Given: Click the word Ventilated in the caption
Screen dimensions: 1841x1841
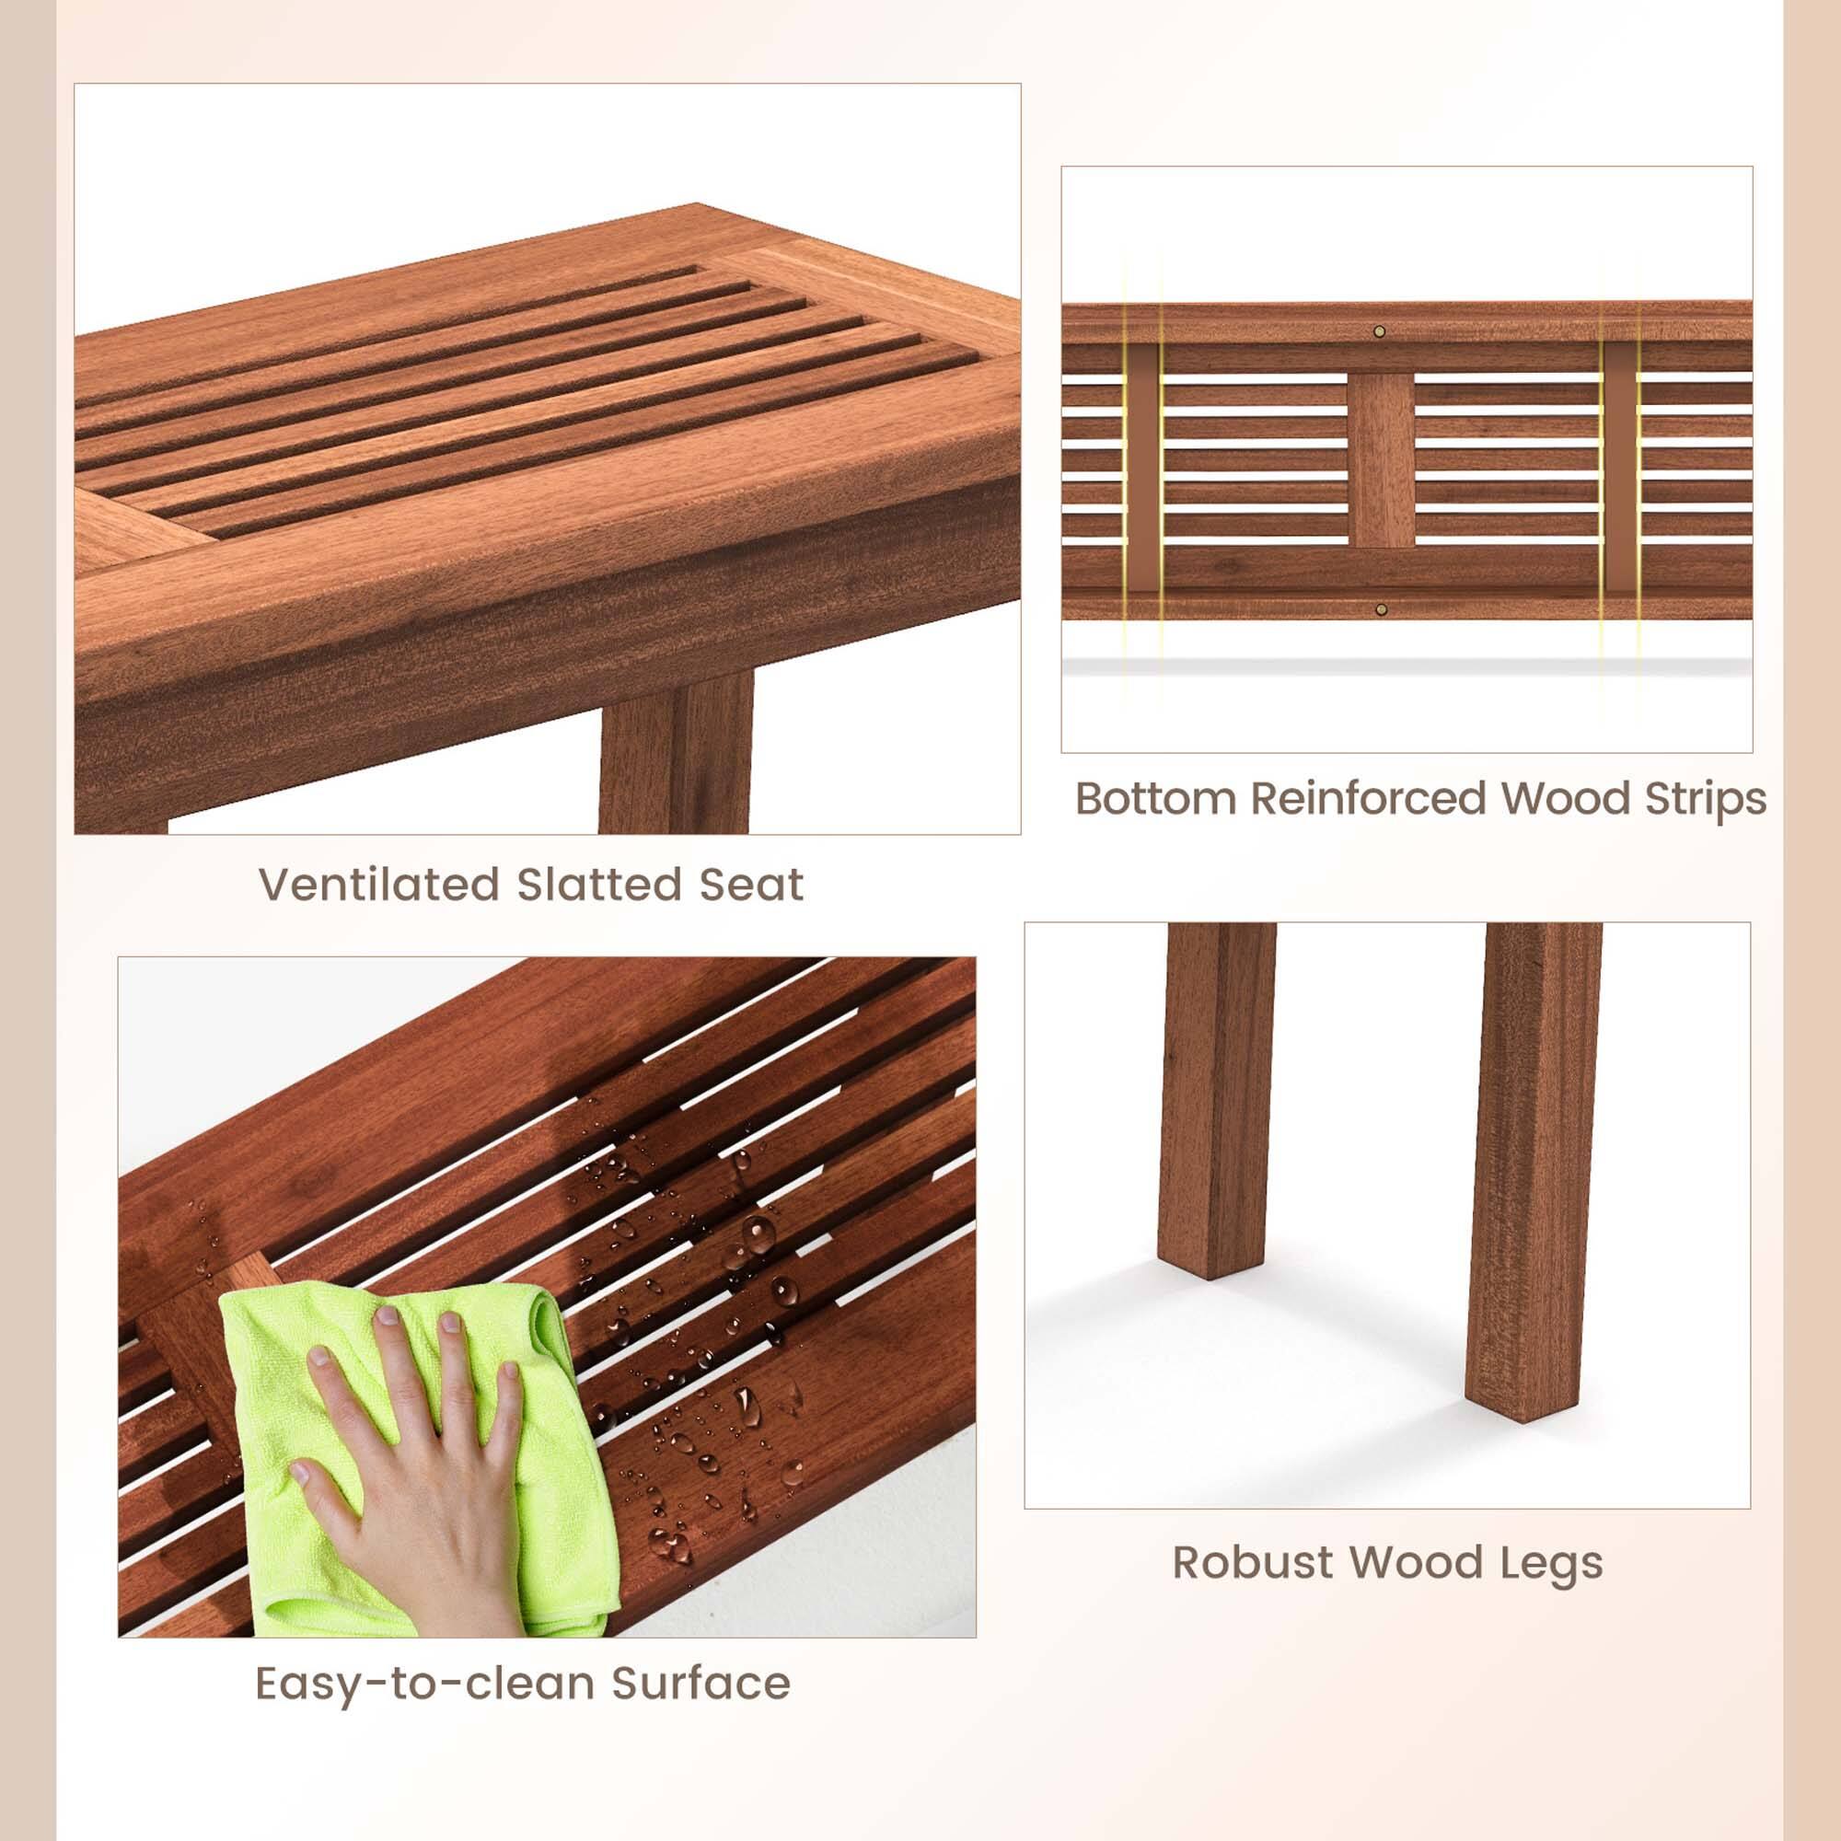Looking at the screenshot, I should click(x=379, y=885).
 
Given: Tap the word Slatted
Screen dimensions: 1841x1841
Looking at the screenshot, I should click(x=599, y=885).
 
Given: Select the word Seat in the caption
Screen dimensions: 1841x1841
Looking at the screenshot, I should click(x=752, y=885).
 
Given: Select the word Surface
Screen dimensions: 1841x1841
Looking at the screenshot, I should click(x=701, y=1684).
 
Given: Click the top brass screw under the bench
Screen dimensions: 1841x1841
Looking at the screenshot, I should click(x=1379, y=331).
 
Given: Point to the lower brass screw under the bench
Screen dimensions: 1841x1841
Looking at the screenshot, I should click(x=1381, y=608).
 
